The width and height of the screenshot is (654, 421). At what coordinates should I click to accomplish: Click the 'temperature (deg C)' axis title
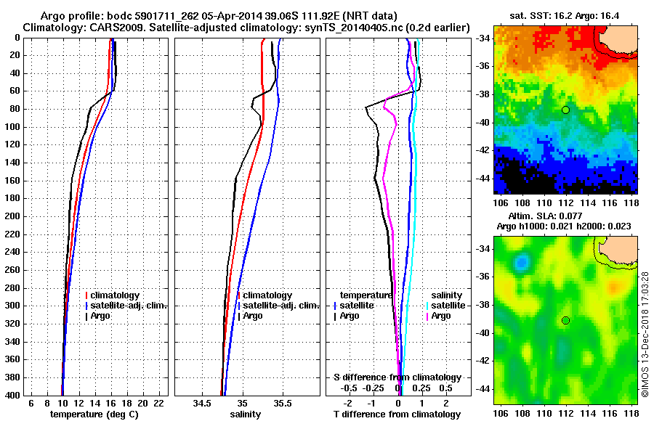tap(94, 414)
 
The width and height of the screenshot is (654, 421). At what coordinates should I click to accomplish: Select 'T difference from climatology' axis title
tap(397, 414)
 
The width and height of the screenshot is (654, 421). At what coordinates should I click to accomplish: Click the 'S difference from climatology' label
tap(397, 377)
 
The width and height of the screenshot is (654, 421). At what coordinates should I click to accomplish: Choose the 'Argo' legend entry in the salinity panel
tap(252, 316)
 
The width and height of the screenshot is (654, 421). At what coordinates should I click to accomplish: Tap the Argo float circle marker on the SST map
tap(565, 110)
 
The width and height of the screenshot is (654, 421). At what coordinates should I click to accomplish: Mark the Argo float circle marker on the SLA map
tap(565, 320)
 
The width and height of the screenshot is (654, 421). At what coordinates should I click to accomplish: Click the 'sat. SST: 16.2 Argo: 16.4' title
tap(567, 15)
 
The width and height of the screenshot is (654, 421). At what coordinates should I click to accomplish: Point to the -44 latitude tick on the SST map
tap(483, 178)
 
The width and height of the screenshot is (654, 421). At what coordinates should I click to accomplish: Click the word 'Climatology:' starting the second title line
tap(55, 27)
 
